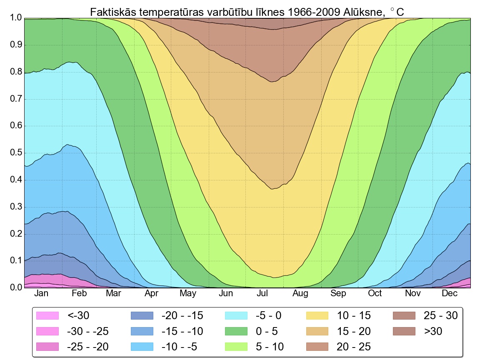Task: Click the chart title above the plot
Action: pyautogui.click(x=247, y=12)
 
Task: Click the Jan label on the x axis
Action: pyautogui.click(x=41, y=294)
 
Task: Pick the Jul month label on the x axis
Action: pyautogui.click(x=262, y=294)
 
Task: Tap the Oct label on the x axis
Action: pyautogui.click(x=375, y=294)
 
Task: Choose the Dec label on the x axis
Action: pyautogui.click(x=450, y=294)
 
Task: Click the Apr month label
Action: pyautogui.click(x=151, y=294)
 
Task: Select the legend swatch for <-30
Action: pyautogui.click(x=47, y=316)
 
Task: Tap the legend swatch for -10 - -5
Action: pyautogui.click(x=142, y=347)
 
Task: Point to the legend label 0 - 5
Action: pyautogui.click(x=267, y=331)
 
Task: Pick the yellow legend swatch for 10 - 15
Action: pyautogui.click(x=319, y=316)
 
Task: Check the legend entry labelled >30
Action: pyautogui.click(x=433, y=331)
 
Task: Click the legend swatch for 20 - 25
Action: pyautogui.click(x=319, y=347)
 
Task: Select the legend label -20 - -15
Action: pyautogui.click(x=182, y=316)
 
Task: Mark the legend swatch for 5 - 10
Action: pyautogui.click(x=236, y=347)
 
